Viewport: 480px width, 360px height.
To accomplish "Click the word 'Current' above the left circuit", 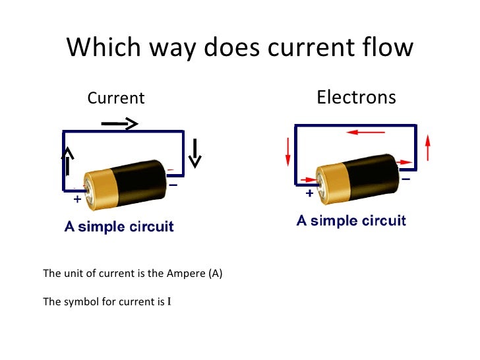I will [x=116, y=99].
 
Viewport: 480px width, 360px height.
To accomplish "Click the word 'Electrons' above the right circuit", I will [x=356, y=98].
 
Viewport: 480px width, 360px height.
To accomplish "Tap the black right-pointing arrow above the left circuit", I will [x=119, y=123].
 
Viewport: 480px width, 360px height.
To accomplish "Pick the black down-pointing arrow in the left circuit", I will [x=195, y=153].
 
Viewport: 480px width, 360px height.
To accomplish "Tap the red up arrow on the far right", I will [x=429, y=147].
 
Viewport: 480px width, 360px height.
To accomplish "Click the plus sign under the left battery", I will [x=77, y=198].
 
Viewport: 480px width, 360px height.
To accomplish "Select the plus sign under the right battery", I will [x=309, y=194].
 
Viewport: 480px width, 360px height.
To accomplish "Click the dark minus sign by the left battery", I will [x=173, y=186].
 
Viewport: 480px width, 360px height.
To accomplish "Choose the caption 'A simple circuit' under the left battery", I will [x=119, y=227].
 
